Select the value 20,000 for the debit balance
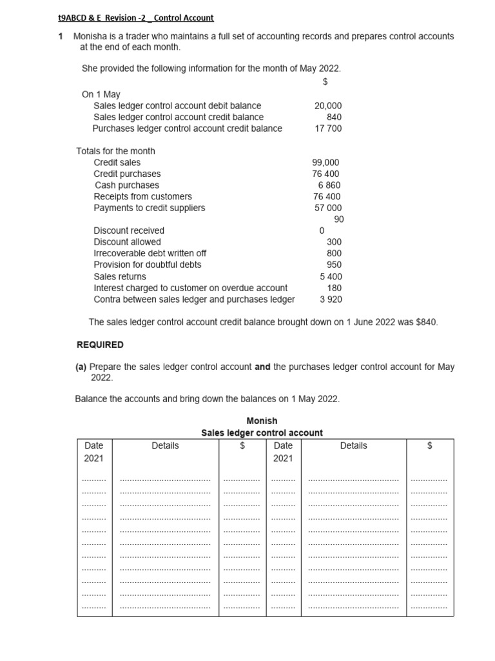(328, 106)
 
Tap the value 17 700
(329, 128)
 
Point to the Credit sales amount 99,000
(325, 163)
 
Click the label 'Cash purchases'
(127, 185)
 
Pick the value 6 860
(329, 185)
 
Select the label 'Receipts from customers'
(142, 196)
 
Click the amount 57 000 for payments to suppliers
(328, 208)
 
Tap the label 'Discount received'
(129, 230)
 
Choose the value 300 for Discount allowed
(334, 242)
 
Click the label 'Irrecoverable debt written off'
(150, 253)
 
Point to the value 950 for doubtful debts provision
(334, 265)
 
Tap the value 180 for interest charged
(335, 288)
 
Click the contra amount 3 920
(331, 300)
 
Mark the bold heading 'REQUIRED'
(100, 345)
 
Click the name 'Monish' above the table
(262, 421)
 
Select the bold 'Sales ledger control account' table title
(262, 432)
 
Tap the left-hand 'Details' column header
(165, 445)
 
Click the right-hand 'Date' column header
(283, 445)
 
